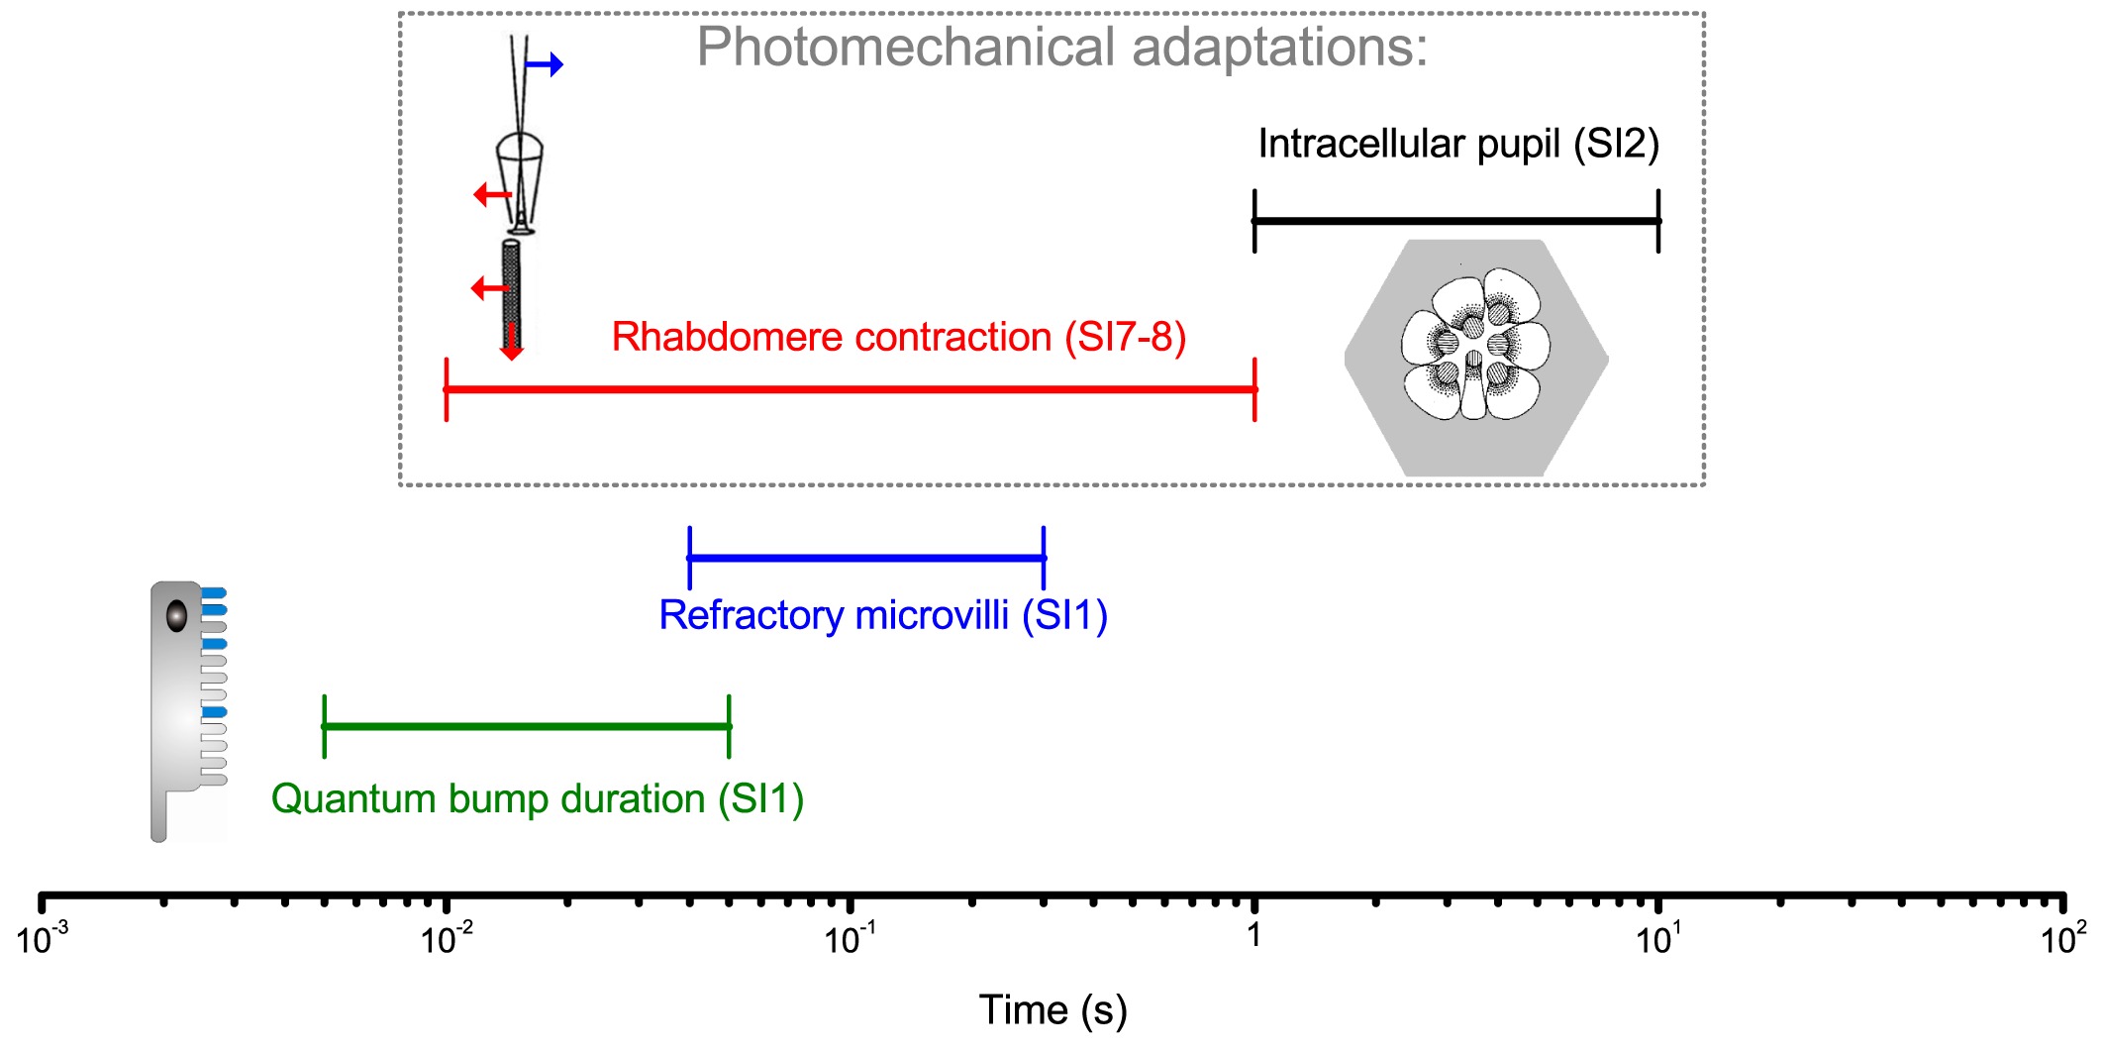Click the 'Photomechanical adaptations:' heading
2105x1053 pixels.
point(1062,47)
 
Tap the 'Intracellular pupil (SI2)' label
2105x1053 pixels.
point(1457,145)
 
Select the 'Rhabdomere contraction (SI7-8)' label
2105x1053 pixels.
point(898,337)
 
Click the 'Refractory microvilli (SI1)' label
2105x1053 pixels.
point(882,615)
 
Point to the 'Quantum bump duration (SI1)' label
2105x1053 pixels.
point(537,798)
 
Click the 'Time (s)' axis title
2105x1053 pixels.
point(1052,1010)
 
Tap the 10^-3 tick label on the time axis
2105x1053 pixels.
point(43,937)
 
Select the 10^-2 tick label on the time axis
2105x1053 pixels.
point(448,937)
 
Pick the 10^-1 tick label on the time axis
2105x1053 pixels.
point(851,937)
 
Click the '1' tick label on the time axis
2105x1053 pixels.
point(1253,935)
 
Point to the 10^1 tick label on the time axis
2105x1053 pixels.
point(1658,937)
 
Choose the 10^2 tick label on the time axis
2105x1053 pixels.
point(2063,937)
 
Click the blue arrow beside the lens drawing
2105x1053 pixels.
point(544,65)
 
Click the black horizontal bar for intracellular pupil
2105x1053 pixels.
point(1455,221)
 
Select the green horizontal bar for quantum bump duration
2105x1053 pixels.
point(526,727)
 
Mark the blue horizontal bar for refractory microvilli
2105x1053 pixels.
point(866,559)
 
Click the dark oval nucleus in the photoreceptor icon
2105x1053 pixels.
point(176,615)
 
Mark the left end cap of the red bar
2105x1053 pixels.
point(447,389)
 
